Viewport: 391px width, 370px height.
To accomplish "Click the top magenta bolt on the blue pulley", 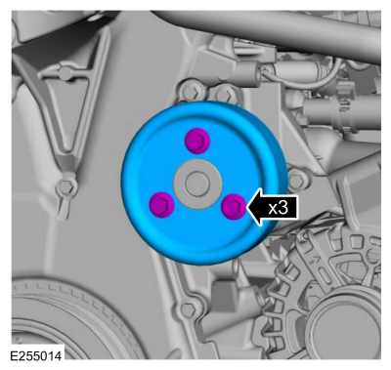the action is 197,141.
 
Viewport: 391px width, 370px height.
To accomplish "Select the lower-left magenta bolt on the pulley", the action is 162,205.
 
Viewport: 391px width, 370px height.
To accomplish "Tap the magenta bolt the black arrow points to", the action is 234,206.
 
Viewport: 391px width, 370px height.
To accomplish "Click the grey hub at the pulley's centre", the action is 196,184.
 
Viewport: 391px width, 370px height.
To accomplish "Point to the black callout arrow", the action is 273,207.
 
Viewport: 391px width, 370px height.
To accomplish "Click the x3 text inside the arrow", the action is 279,208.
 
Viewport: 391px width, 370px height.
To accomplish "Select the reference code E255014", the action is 36,355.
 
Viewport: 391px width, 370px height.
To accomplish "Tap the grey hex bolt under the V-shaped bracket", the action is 67,186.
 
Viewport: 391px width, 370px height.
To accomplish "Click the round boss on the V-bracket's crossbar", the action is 66,71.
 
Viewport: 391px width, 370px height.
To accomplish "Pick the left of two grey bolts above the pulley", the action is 193,93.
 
